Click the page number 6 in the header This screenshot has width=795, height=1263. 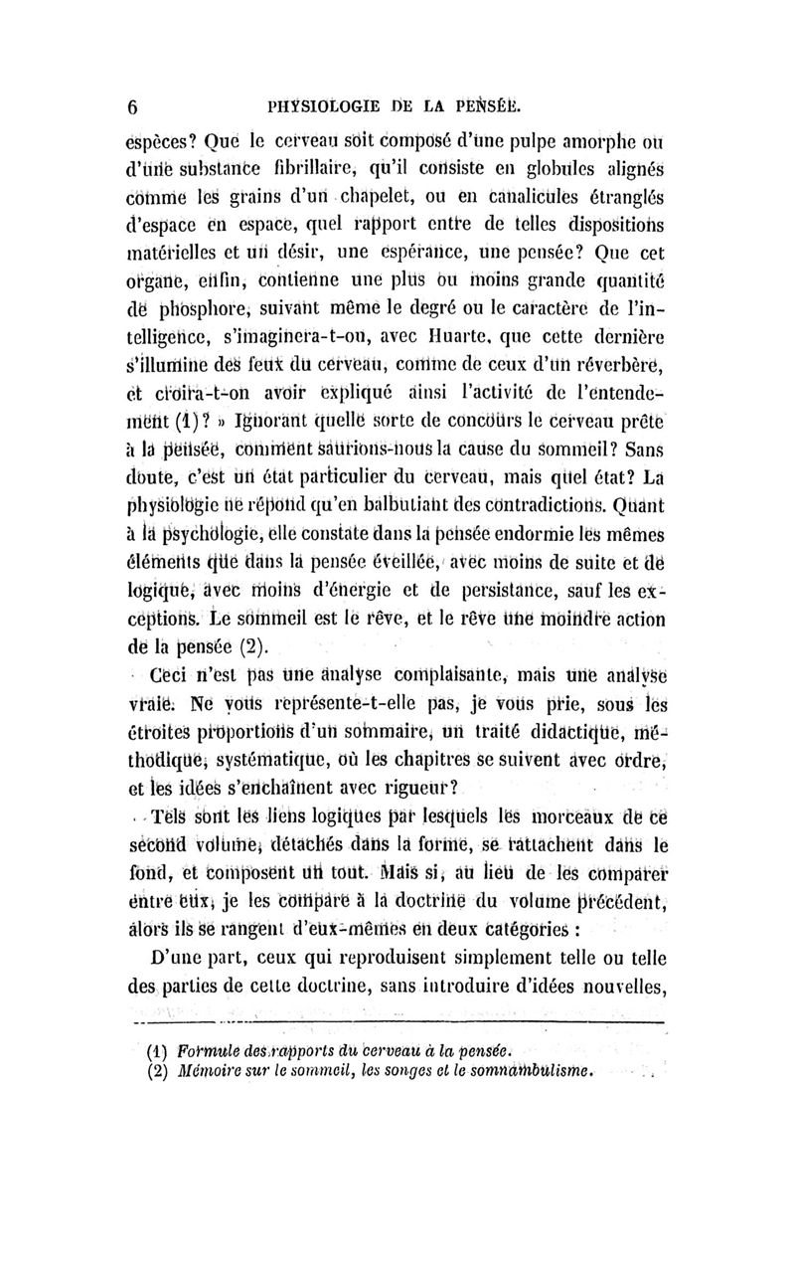click(131, 108)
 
